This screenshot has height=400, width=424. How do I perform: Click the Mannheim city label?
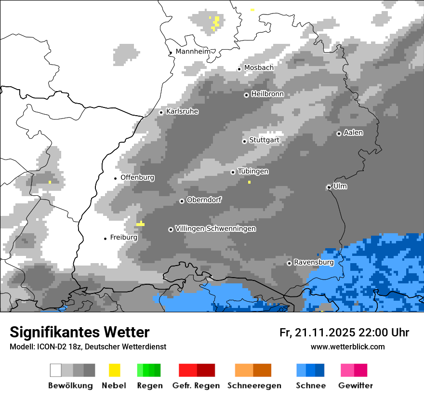click(193, 52)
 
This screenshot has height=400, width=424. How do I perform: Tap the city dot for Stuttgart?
click(244, 141)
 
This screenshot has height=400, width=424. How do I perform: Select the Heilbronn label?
click(267, 94)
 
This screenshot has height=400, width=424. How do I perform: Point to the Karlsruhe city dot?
click(161, 112)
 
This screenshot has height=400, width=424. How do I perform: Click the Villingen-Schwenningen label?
click(215, 228)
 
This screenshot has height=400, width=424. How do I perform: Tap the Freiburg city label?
click(123, 237)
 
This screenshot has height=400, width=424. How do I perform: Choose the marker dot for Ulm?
click(329, 187)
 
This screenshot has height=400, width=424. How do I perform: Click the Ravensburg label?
click(314, 262)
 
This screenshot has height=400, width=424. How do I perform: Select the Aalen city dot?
click(339, 133)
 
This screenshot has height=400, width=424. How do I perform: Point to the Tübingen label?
click(253, 171)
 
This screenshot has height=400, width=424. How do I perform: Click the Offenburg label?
click(137, 177)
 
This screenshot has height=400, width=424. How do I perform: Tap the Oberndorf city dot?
click(182, 201)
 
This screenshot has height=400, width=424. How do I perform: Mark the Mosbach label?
click(259, 67)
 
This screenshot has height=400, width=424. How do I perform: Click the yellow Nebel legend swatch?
click(114, 370)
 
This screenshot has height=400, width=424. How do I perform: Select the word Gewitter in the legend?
click(355, 386)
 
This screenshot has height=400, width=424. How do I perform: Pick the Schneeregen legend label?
click(254, 386)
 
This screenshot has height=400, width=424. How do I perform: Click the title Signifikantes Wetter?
click(79, 332)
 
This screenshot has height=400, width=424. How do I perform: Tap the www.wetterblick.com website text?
click(347, 347)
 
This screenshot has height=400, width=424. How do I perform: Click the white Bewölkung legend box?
click(56, 370)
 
